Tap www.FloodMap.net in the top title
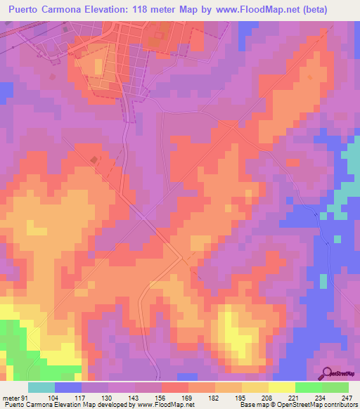click(266, 9)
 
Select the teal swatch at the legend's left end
click(41, 387)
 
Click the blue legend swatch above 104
click(68, 387)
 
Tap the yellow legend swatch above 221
click(282, 387)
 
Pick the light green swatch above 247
click(335, 387)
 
